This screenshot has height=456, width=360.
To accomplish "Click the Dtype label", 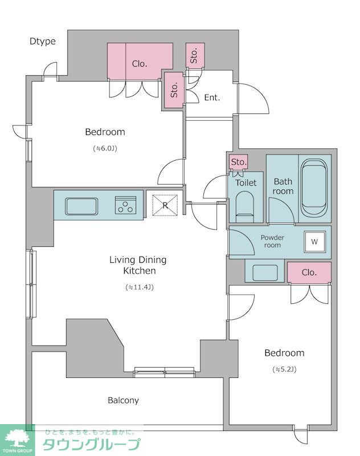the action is pyautogui.click(x=42, y=41).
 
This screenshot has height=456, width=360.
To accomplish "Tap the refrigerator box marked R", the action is pyautogui.click(x=165, y=205).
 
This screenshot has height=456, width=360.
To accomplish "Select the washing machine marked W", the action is pyautogui.click(x=314, y=242).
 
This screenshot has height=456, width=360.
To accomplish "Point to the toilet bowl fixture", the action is pyautogui.click(x=244, y=207).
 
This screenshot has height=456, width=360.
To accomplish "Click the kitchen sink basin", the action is pyautogui.click(x=81, y=206).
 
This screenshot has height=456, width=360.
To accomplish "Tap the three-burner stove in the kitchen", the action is pyautogui.click(x=125, y=205).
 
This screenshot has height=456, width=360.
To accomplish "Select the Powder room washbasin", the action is pyautogui.click(x=265, y=273).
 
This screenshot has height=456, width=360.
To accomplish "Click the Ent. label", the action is pyautogui.click(x=212, y=97).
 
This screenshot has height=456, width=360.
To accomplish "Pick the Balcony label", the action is pyautogui.click(x=123, y=401).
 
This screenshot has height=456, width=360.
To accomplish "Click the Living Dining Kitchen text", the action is pyautogui.click(x=138, y=265).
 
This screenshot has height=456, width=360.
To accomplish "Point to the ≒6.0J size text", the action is pyautogui.click(x=105, y=148).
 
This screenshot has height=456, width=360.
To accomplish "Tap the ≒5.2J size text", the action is pyautogui.click(x=284, y=369).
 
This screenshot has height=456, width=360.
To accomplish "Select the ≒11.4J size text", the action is pyautogui.click(x=140, y=287).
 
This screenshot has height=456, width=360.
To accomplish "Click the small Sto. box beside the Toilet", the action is pyautogui.click(x=239, y=162).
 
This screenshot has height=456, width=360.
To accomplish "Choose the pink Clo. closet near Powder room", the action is pyautogui.click(x=309, y=272).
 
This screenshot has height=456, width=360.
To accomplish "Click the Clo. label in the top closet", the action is pyautogui.click(x=140, y=64).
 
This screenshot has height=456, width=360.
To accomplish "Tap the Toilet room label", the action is pyautogui.click(x=246, y=183).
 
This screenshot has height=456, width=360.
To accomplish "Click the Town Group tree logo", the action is pyautogui.click(x=18, y=438).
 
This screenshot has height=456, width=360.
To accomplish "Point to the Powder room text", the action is pyautogui.click(x=272, y=241).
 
